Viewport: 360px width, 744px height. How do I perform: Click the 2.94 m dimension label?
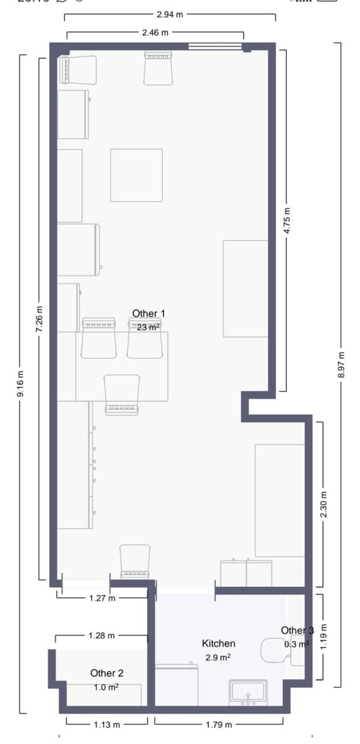(x=169, y=13)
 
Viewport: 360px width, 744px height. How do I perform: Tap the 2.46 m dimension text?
(x=155, y=32)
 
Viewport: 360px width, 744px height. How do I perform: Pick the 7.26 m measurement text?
(x=40, y=319)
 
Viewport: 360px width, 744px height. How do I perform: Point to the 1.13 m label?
(x=107, y=724)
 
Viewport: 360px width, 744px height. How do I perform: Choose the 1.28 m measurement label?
(x=101, y=635)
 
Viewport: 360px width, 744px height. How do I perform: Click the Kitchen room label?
(x=218, y=644)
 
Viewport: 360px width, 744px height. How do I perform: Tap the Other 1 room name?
(x=148, y=314)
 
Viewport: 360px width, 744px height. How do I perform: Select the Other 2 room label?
(x=107, y=673)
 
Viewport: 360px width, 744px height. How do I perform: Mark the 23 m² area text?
(x=149, y=327)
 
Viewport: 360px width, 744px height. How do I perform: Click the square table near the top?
(x=136, y=175)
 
